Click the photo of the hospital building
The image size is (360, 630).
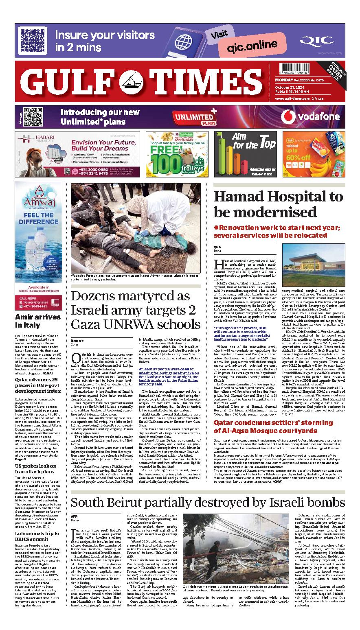click(x=312, y=265)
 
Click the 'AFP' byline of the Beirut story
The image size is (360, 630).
click(x=74, y=516)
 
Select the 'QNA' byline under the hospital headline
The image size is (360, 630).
click(x=217, y=247)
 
